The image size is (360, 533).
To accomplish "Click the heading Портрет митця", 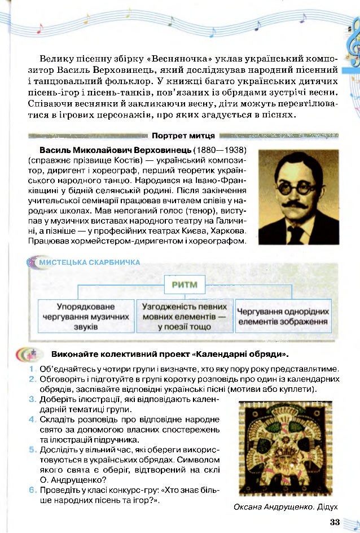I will (182, 136).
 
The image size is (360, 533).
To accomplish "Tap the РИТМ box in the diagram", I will (185, 284).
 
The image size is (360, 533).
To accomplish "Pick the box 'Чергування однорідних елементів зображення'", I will (283, 316).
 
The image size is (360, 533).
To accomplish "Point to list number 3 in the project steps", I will (32, 399).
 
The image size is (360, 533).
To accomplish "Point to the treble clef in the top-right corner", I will (354, 42).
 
